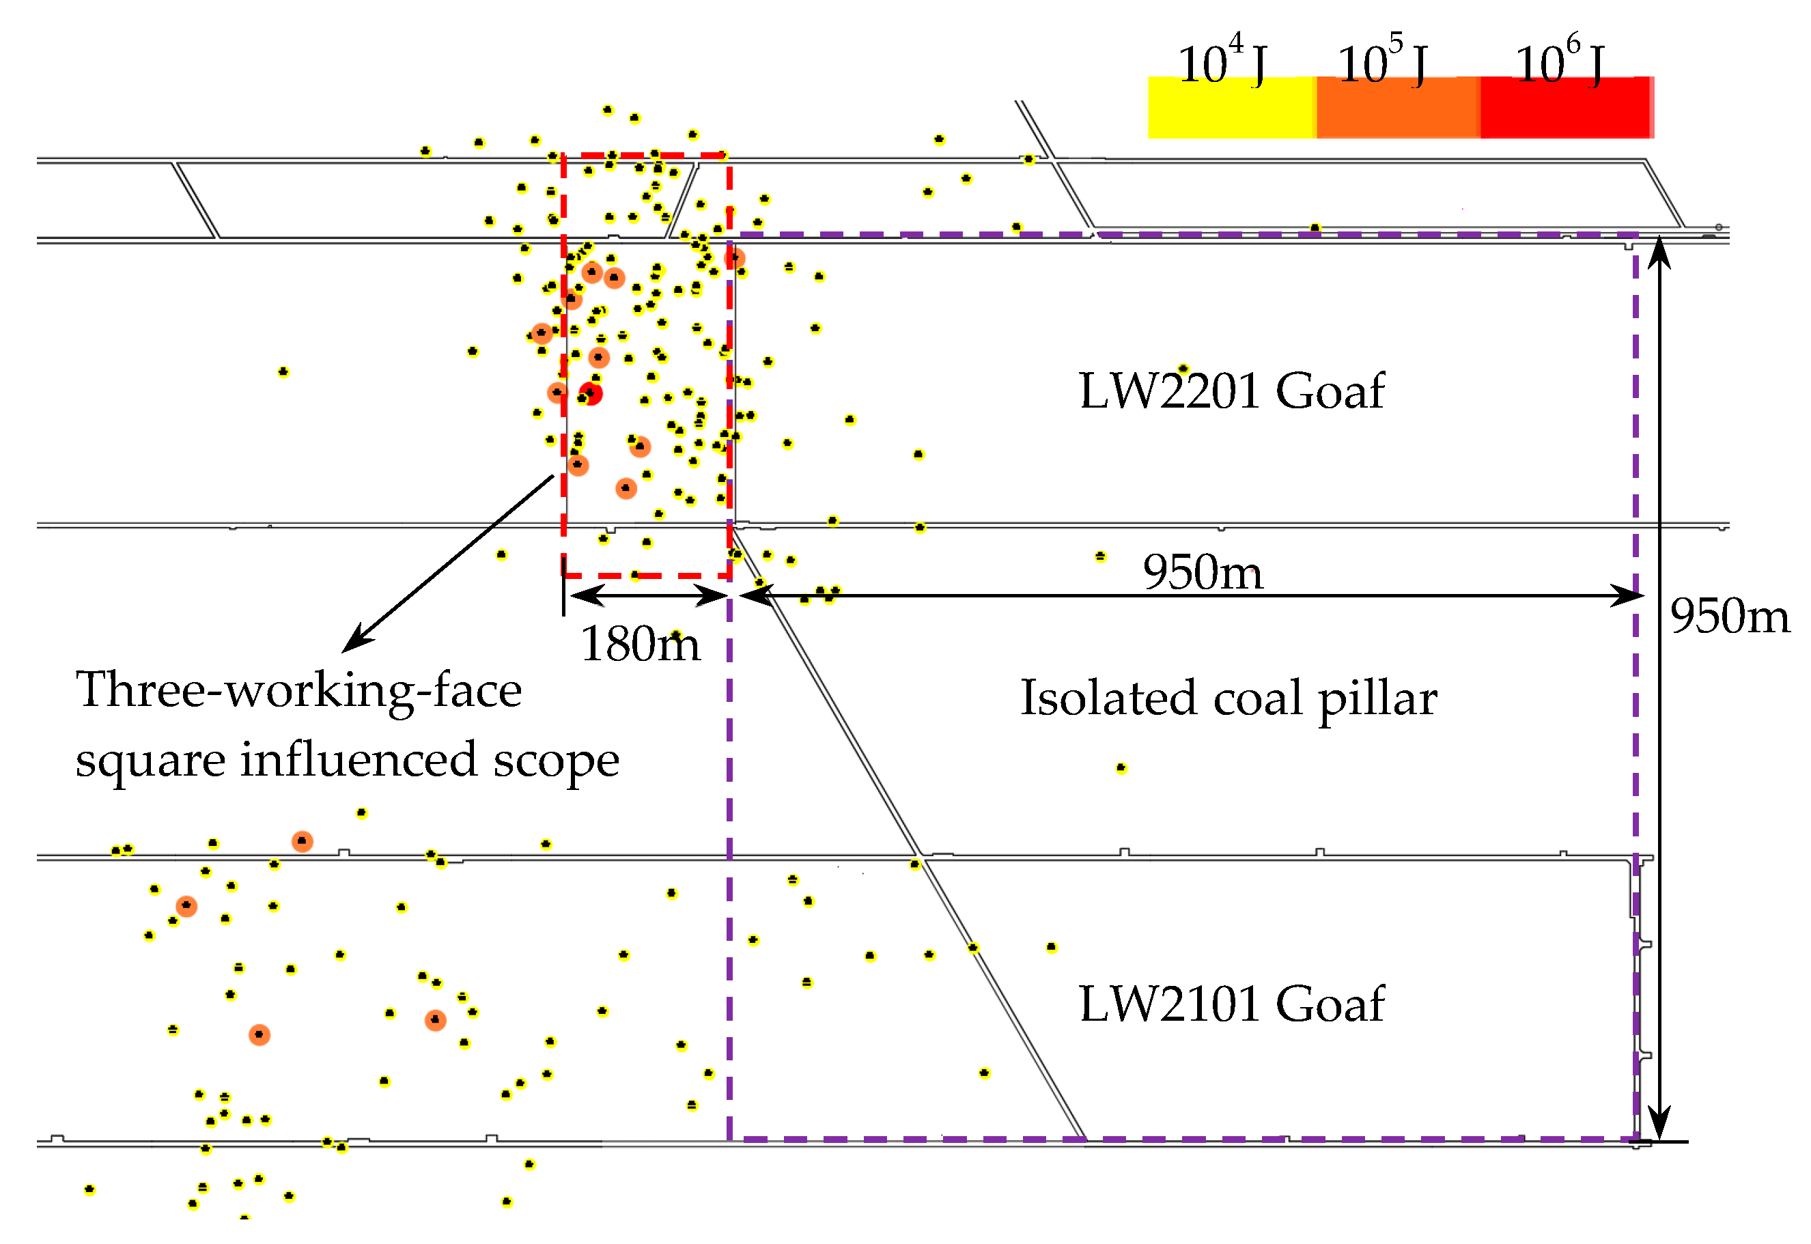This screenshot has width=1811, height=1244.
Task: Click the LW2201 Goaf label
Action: tap(1231, 391)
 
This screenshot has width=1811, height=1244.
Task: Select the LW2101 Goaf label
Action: tap(1231, 1003)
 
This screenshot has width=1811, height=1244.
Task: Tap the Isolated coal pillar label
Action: tap(1229, 698)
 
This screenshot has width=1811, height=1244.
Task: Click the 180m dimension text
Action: tap(640, 644)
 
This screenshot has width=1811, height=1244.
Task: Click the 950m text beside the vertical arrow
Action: tap(1729, 616)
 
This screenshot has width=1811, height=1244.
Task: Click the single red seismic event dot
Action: tap(591, 394)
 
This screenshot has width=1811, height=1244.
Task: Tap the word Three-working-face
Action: tap(298, 690)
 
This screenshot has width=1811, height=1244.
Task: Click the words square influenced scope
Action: tap(347, 760)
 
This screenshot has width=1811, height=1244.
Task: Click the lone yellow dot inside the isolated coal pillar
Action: tap(1121, 769)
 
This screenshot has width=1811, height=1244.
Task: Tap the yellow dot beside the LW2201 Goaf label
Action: tap(1183, 369)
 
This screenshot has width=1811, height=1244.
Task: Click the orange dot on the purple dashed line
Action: tap(734, 257)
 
